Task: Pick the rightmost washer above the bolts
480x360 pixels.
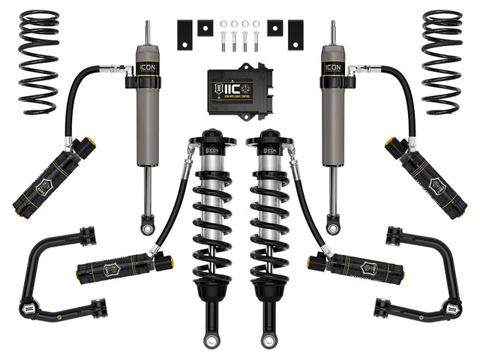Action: pyautogui.click(x=256, y=25)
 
